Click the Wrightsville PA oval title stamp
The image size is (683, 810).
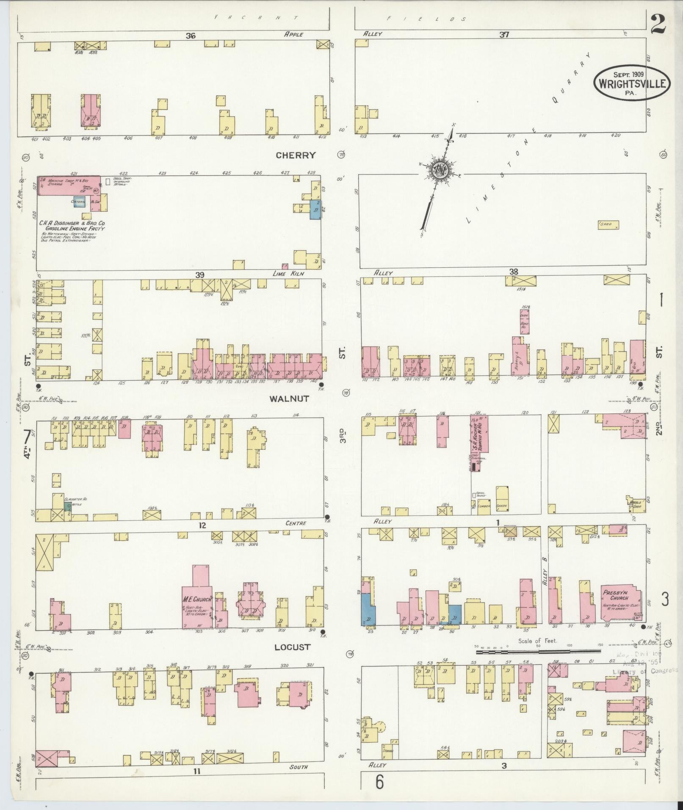[633, 83]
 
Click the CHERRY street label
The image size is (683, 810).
[296, 155]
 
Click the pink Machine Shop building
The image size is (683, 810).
[69, 185]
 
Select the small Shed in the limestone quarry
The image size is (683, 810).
[608, 225]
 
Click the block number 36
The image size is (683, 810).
[190, 36]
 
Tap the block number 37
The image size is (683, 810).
[503, 35]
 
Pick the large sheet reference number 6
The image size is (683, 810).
[379, 782]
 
